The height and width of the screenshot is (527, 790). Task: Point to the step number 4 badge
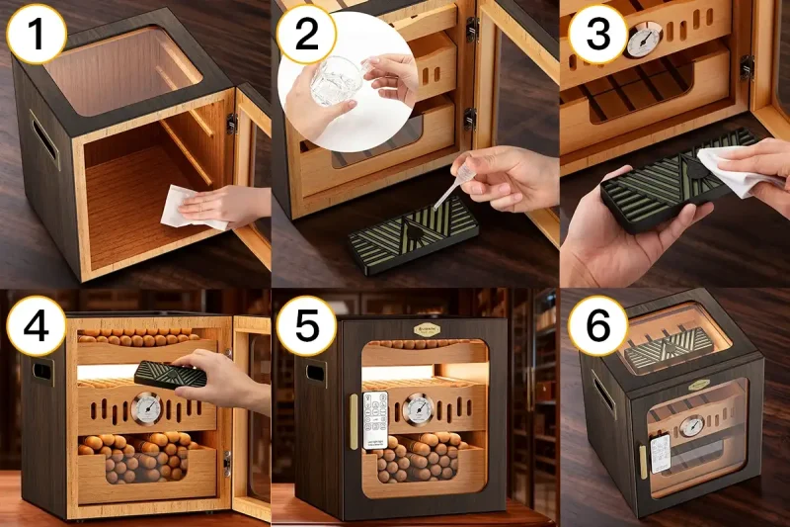(x=37, y=322)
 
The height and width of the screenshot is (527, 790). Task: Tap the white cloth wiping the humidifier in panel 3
(x=731, y=168)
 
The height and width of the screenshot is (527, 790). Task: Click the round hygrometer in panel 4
(x=147, y=407)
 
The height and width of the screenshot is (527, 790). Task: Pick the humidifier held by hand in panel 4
(x=170, y=373)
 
